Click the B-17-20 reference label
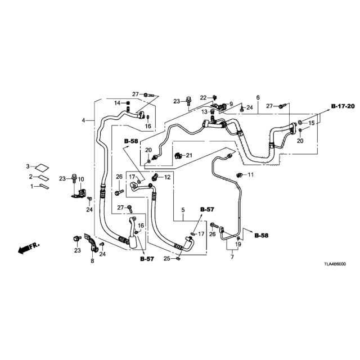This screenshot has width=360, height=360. (343, 106)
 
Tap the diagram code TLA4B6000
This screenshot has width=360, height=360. (335, 264)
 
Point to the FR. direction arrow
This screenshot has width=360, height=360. (29, 247)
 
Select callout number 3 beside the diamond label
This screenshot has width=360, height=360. (28, 166)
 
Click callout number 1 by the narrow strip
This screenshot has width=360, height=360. (32, 186)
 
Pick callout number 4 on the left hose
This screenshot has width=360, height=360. (84, 120)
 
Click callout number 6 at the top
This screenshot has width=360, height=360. (258, 97)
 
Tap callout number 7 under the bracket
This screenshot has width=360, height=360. (232, 257)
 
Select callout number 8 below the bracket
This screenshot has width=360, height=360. (92, 261)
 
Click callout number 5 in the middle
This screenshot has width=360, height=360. (183, 210)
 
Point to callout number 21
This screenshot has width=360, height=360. (189, 156)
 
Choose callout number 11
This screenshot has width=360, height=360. (250, 175)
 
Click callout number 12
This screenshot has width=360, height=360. (168, 177)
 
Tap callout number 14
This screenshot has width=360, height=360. (118, 103)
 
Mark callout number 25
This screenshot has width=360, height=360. (167, 259)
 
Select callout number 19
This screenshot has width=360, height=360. (238, 244)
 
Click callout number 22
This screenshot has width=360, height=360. (203, 98)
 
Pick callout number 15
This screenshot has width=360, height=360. (311, 123)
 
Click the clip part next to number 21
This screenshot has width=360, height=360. (178, 156)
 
